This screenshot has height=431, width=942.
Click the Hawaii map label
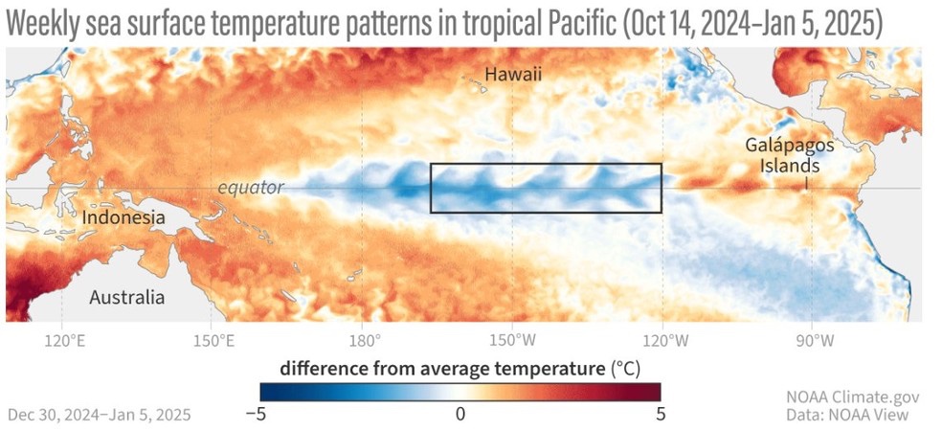click(513, 74)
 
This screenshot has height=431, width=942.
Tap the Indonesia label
click(123, 218)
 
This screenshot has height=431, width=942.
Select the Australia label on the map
click(126, 297)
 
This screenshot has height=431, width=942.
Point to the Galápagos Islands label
click(791, 155)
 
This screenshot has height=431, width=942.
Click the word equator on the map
click(251, 188)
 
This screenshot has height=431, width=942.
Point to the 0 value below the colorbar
click(460, 413)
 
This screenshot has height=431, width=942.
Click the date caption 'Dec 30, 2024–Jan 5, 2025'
click(100, 414)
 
